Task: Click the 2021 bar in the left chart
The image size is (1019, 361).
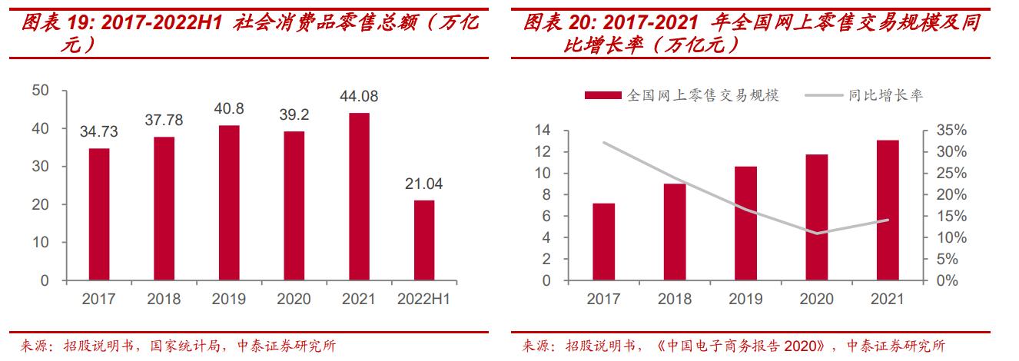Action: click(359, 197)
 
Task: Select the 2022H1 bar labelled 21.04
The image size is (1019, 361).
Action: click(424, 240)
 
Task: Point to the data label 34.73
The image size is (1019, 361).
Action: click(98, 132)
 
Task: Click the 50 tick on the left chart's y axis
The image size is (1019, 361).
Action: click(41, 91)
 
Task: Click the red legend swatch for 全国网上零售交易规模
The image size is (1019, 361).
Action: click(603, 95)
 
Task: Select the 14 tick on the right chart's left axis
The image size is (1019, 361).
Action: click(544, 131)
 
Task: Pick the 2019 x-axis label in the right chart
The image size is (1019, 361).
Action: click(745, 300)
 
